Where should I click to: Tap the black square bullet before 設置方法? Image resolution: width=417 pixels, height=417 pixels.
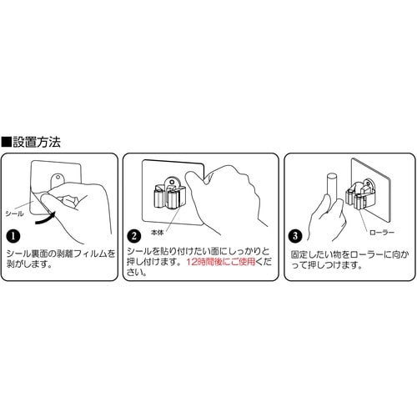(8, 142)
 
